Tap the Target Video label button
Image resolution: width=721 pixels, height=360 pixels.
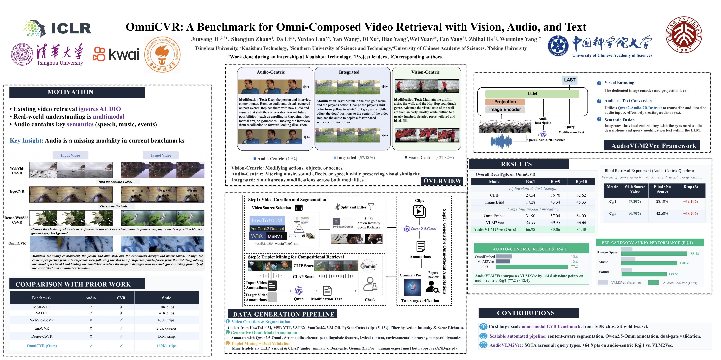pos(161,155)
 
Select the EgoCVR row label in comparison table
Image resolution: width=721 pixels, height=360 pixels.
pos(42,328)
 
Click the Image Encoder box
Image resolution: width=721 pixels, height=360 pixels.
pos(505,110)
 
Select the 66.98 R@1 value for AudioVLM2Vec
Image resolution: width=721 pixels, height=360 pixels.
pos(530,230)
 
